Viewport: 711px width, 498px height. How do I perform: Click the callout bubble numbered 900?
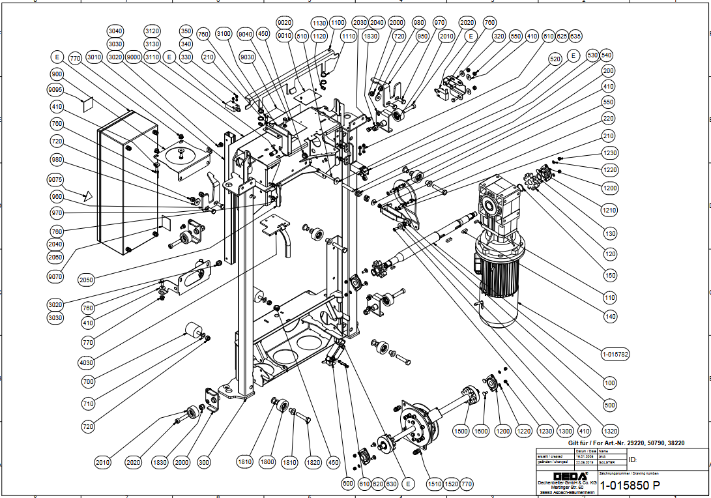[57, 74]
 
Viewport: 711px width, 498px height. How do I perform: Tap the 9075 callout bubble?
[57, 181]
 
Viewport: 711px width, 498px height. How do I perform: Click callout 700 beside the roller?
[89, 381]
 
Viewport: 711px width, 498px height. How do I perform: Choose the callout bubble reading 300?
[204, 462]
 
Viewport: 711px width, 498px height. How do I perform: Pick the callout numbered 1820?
[313, 462]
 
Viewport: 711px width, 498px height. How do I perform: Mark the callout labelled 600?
[348, 484]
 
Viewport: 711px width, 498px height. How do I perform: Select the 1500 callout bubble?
[461, 432]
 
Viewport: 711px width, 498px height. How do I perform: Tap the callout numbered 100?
[610, 383]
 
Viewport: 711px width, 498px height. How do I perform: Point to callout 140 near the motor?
[610, 317]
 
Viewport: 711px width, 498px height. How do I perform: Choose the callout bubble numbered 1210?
[610, 211]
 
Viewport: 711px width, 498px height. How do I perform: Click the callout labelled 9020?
[285, 22]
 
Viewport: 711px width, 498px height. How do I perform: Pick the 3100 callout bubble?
[224, 33]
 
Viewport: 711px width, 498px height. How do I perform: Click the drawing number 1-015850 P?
[630, 485]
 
